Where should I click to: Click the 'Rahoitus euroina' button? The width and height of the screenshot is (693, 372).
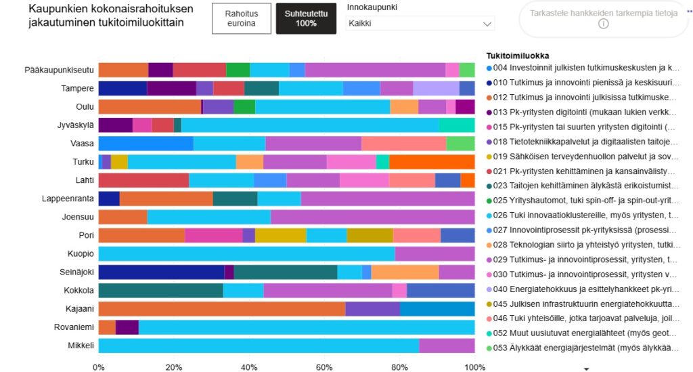pos(242,18)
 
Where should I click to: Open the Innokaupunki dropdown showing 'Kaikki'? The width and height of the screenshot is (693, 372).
pos(420,23)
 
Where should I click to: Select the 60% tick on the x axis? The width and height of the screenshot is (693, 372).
pos(324,367)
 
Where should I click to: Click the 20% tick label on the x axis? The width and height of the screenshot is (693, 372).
pos(174,367)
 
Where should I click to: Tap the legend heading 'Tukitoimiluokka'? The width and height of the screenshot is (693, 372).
pos(518,55)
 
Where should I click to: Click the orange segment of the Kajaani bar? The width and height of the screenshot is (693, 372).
pos(221,309)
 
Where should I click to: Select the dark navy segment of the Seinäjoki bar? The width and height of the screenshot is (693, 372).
pos(161,272)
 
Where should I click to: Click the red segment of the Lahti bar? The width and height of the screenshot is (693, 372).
pos(143,180)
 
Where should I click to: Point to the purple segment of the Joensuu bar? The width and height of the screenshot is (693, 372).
pos(372,217)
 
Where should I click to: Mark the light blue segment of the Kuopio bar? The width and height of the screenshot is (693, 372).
pos(246,253)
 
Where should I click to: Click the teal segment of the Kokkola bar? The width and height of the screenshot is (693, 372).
pos(160,290)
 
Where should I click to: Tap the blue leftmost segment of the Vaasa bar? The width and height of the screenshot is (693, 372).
pos(146,143)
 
